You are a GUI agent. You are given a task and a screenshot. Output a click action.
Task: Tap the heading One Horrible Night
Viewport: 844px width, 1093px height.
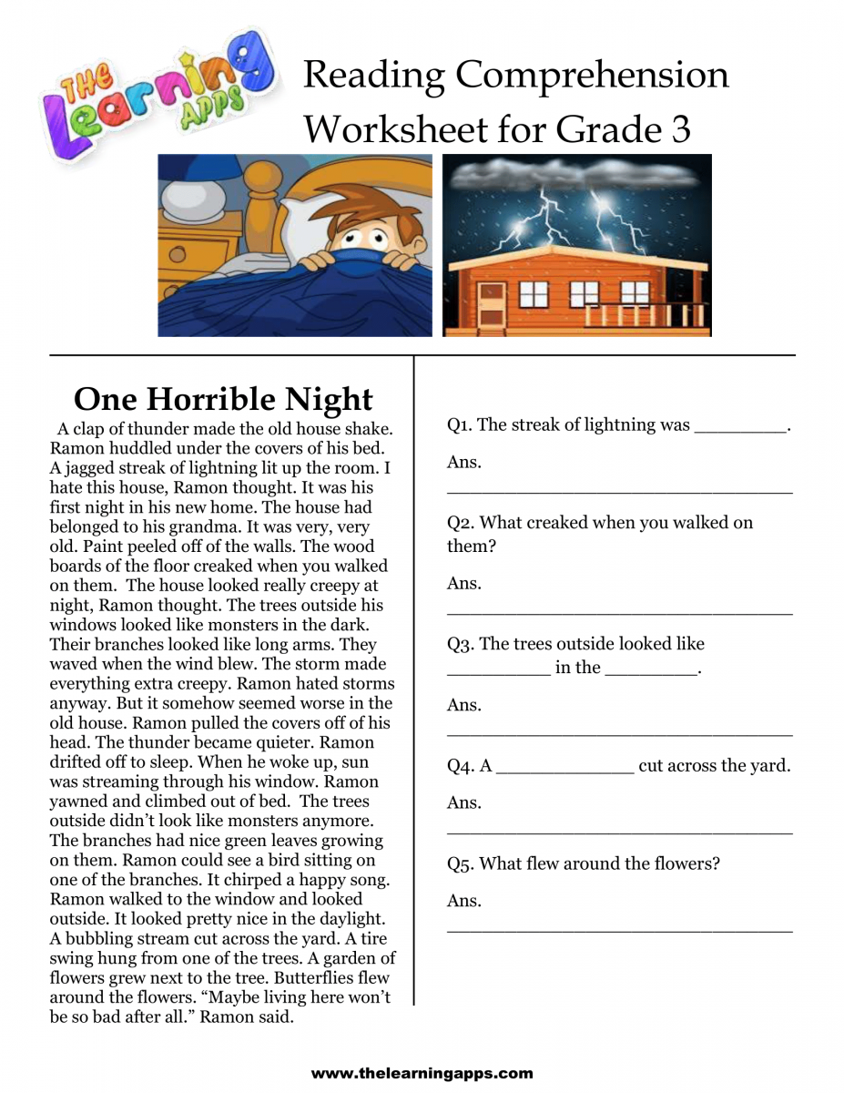point(223,399)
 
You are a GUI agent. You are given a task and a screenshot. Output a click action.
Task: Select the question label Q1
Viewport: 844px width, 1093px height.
point(459,424)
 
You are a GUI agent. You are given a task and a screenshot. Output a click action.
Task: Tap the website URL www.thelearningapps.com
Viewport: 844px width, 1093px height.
point(422,1074)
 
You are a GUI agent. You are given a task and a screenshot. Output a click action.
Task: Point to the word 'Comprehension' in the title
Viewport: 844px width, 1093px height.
point(592,75)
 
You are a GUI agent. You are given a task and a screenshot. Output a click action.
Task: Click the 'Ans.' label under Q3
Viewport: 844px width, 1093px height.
point(463,705)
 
